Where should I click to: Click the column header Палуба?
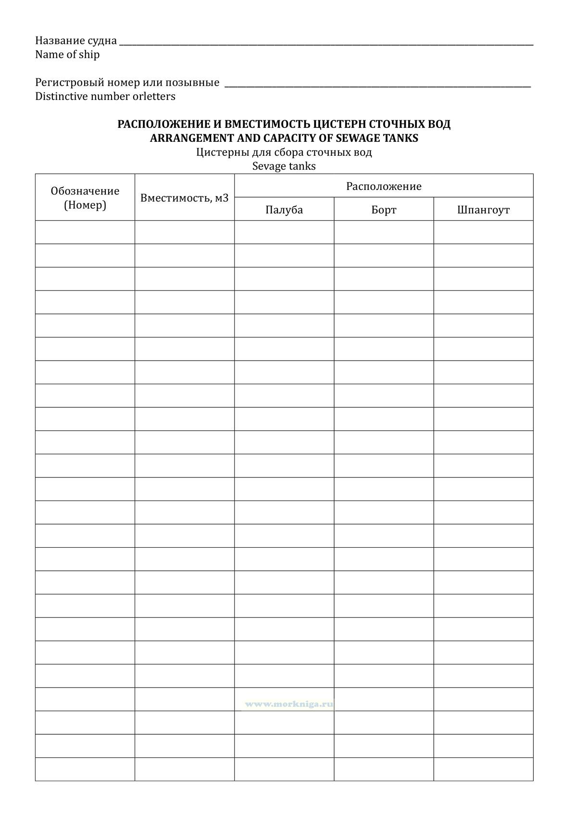pyautogui.click(x=284, y=210)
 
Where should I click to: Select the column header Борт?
pyautogui.click(x=384, y=210)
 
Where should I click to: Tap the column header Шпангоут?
pyautogui.click(x=483, y=210)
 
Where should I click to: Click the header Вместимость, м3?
pyautogui.click(x=185, y=198)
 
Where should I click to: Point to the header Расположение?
pyautogui.click(x=384, y=186)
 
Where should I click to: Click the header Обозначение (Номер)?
pyautogui.click(x=85, y=198)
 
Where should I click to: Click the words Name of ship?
pyautogui.click(x=67, y=54)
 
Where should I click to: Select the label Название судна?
pyautogui.click(x=76, y=40)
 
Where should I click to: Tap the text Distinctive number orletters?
pyautogui.click(x=105, y=96)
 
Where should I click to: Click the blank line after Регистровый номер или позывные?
pyautogui.click(x=377, y=85)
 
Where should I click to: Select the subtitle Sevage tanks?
pyautogui.click(x=284, y=166)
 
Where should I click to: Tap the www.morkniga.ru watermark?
pyautogui.click(x=288, y=704)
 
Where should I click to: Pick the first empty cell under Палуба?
pyautogui.click(x=284, y=232)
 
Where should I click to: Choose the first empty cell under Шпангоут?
pyautogui.click(x=483, y=232)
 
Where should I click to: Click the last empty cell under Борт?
pyautogui.click(x=384, y=769)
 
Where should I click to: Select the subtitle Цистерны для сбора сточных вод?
pyautogui.click(x=284, y=152)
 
